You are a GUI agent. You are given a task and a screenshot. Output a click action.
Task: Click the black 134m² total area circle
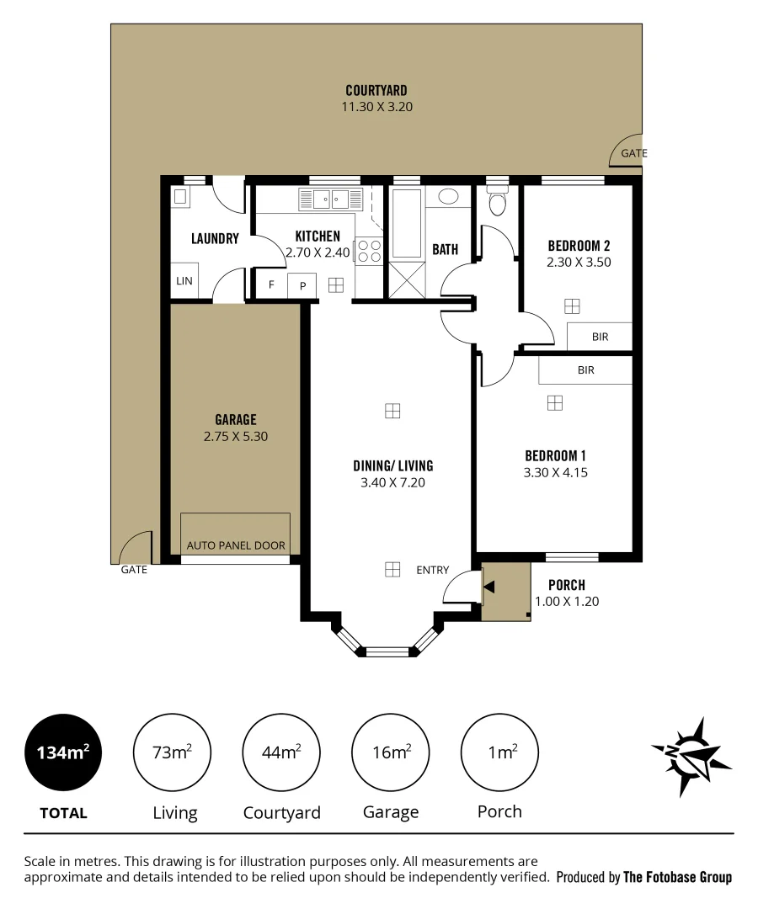tap(63, 752)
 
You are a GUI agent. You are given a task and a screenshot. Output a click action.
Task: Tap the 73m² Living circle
tap(173, 752)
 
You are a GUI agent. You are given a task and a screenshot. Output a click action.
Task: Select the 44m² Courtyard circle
tap(281, 752)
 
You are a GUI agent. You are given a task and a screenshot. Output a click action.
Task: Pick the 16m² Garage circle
tap(391, 752)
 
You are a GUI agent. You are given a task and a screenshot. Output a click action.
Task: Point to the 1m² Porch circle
tap(499, 752)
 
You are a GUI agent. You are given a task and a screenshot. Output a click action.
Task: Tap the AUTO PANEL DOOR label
tap(236, 545)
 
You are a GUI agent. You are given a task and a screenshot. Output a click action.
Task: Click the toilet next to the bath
tap(497, 202)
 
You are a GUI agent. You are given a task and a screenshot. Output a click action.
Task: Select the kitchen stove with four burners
tap(369, 252)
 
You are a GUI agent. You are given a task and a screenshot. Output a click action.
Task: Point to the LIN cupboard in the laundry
tap(184, 281)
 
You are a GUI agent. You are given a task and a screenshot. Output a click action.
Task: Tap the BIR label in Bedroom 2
tap(600, 337)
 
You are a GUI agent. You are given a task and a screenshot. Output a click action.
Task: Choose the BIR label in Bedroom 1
tap(585, 369)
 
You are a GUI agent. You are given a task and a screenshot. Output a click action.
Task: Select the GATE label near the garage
tap(134, 570)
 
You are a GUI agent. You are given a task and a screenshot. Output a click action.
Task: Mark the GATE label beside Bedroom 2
tap(633, 153)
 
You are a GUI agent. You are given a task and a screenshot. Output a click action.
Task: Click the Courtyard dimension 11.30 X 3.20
tap(376, 107)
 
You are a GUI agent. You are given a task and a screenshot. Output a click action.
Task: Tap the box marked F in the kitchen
tap(271, 284)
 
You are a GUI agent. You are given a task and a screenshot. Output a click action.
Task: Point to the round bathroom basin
tap(449, 197)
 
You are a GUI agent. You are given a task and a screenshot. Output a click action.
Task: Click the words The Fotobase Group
tap(677, 877)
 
